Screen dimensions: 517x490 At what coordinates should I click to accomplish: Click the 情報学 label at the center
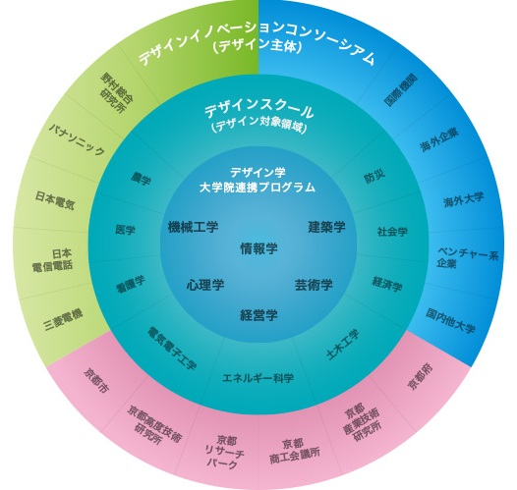click(258, 248)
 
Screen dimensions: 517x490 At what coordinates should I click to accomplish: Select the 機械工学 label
click(193, 227)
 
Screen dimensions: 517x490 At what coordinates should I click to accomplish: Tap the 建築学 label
click(326, 227)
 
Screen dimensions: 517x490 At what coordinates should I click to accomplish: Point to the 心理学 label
click(205, 285)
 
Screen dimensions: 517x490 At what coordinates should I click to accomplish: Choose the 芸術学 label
click(314, 285)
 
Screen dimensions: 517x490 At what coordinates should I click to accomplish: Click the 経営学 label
click(258, 315)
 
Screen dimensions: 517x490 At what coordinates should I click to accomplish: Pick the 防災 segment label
click(374, 177)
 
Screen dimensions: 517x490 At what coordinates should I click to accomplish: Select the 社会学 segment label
click(392, 232)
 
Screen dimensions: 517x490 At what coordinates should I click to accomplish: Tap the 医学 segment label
click(125, 230)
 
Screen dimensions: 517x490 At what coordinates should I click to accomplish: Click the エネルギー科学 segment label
click(258, 378)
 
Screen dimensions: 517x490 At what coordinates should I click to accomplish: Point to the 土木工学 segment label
click(343, 345)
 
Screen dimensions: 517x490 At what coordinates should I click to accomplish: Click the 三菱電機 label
click(63, 320)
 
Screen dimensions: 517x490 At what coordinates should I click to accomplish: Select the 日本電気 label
click(55, 200)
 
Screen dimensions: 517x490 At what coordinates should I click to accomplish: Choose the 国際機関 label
click(401, 89)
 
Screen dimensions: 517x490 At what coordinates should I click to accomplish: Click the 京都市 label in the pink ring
click(96, 381)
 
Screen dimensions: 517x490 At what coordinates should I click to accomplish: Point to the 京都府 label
click(421, 377)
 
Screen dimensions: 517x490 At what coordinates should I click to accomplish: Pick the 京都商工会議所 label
click(295, 452)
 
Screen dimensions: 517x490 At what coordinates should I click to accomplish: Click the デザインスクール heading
click(258, 111)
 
